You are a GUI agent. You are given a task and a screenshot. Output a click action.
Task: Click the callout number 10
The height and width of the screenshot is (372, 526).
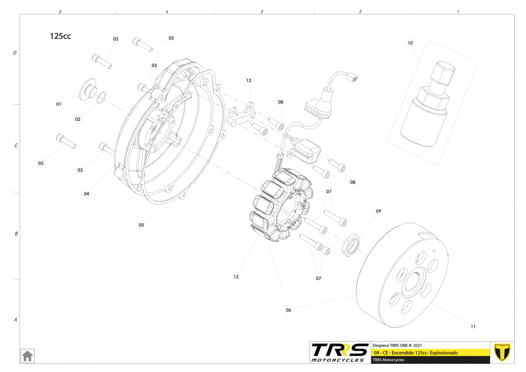(x=410, y=43)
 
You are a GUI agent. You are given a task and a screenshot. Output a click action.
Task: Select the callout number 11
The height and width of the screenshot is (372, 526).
(x=473, y=326)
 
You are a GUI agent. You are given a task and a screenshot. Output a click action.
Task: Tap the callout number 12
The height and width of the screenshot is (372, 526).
(x=236, y=276)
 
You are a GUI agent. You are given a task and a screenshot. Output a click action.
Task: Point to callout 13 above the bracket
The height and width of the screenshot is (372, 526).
(x=249, y=81)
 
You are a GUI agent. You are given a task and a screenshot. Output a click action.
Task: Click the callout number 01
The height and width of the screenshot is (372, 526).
(x=59, y=104)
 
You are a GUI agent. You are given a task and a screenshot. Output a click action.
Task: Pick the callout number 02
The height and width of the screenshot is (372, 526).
(x=78, y=119)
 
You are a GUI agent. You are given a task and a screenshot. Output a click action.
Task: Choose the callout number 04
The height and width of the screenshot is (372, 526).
(x=86, y=194)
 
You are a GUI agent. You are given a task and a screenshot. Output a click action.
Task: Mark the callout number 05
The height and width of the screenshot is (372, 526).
(x=141, y=224)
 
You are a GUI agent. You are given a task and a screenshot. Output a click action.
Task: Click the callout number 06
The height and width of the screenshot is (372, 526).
(x=289, y=310)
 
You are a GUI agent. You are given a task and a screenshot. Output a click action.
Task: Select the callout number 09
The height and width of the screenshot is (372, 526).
(x=378, y=211)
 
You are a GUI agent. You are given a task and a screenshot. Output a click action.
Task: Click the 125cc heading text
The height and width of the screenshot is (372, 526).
(x=60, y=36)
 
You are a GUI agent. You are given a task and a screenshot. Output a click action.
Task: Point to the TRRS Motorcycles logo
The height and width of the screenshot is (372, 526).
(x=340, y=352)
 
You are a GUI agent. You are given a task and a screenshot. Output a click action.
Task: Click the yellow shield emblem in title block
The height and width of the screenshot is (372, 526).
(x=503, y=352)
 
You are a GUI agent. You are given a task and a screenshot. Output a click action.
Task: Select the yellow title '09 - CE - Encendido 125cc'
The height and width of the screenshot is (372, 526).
(x=415, y=353)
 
